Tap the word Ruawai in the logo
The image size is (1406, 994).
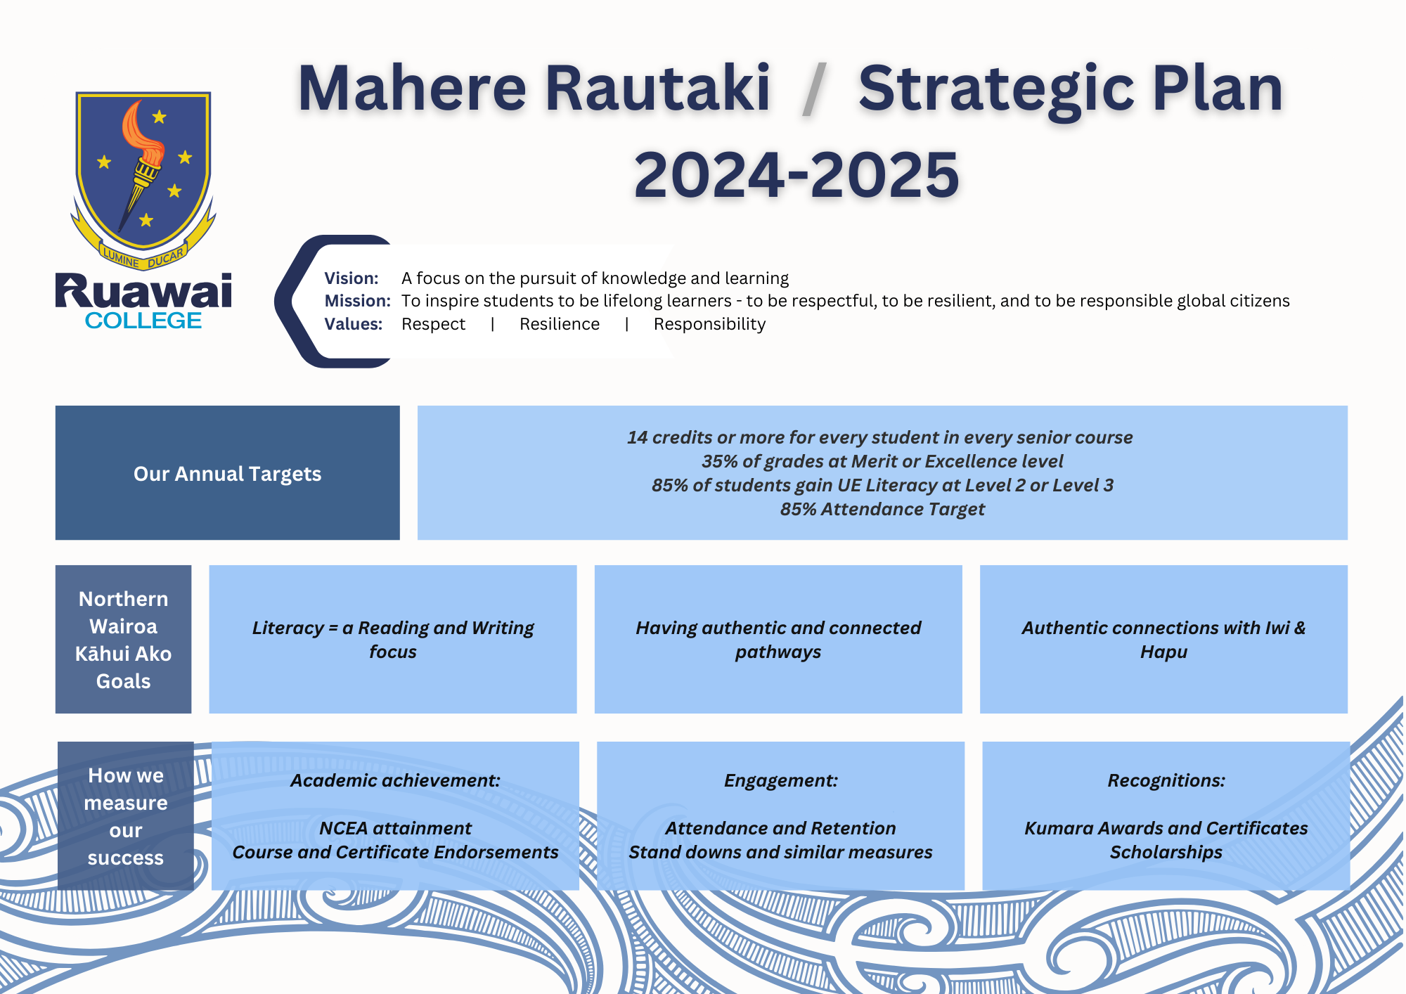pos(143,291)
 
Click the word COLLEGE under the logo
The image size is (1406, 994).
pos(143,321)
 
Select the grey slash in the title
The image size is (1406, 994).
pos(814,89)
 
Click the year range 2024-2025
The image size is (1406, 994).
pos(796,174)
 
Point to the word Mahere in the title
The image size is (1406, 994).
pos(412,89)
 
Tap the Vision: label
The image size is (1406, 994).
pos(351,278)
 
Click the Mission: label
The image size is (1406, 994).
pos(357,301)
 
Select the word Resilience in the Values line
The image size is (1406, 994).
pos(560,324)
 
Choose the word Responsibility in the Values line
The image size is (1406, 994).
pos(709,325)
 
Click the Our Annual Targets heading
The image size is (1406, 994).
pos(228,474)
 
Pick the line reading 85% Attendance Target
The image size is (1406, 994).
pos(882,509)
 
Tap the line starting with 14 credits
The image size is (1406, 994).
pos(880,437)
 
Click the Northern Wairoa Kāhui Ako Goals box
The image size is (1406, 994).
pos(124,640)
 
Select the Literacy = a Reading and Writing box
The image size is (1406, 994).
pos(393,639)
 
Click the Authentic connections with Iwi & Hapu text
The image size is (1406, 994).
pos(1163,640)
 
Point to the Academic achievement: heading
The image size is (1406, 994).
pos(396,780)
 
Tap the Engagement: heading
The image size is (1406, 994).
pos(781,780)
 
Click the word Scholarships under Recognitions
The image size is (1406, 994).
pos(1166,852)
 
